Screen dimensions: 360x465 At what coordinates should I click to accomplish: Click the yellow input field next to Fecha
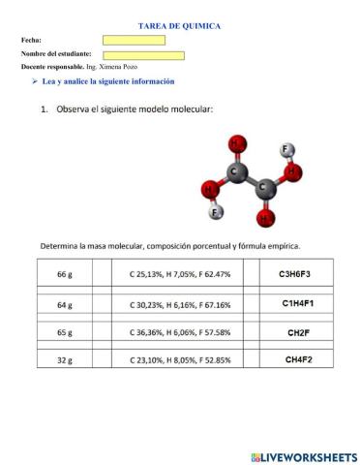point(134,41)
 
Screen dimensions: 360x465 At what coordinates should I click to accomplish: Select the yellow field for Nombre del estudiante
point(142,54)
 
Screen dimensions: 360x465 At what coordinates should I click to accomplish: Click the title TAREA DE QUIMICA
point(179,26)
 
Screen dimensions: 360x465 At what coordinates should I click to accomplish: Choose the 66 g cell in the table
point(65,274)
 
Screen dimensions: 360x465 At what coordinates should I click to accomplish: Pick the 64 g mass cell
point(65,305)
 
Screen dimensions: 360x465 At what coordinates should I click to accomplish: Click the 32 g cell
point(65,360)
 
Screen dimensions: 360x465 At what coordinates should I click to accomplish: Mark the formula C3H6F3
point(294,274)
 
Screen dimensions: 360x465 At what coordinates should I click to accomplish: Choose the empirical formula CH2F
point(297,332)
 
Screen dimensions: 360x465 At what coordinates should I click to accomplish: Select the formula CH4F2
point(297,359)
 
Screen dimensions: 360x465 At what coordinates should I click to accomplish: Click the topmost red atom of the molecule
point(237,144)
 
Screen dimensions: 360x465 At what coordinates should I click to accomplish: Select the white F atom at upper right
point(286,150)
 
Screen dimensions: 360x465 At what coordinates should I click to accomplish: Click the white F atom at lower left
point(217,211)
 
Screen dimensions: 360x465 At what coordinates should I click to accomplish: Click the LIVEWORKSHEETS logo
point(303,455)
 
